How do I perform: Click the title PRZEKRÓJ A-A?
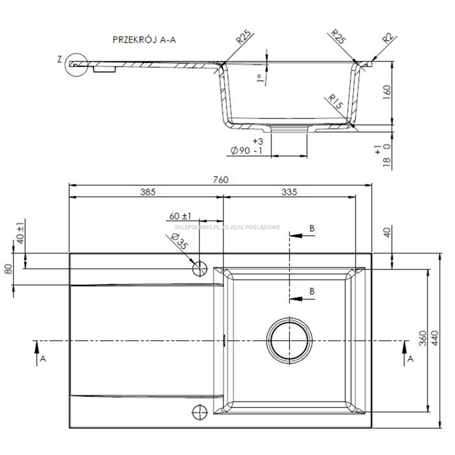coord(144,40)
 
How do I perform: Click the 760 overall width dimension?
coord(220,180)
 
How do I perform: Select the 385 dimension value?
coord(148,192)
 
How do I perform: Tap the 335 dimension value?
coord(289,192)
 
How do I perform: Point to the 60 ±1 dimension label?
coord(180,216)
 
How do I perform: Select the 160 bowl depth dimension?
coord(387,92)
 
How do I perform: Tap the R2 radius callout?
coord(388,38)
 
